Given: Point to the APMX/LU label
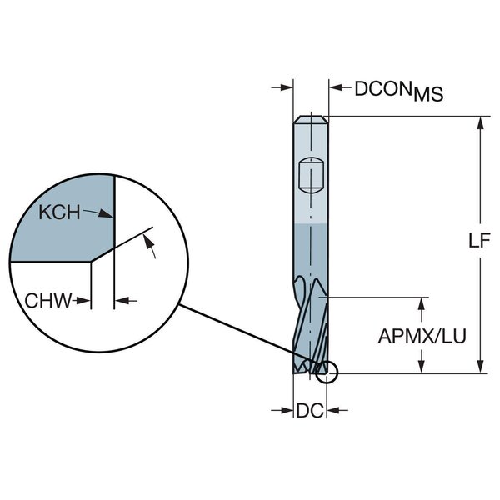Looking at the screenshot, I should point(422,337).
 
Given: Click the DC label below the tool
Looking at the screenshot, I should point(308,409).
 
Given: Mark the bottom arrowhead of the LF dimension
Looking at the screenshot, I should point(480,369).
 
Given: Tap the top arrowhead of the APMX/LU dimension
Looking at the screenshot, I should point(424,302).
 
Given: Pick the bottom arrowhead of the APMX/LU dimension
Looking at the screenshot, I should point(424,369).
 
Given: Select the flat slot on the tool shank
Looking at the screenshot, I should point(310,176).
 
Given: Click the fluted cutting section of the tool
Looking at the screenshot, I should point(311,321).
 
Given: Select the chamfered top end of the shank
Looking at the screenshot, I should point(311,120).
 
